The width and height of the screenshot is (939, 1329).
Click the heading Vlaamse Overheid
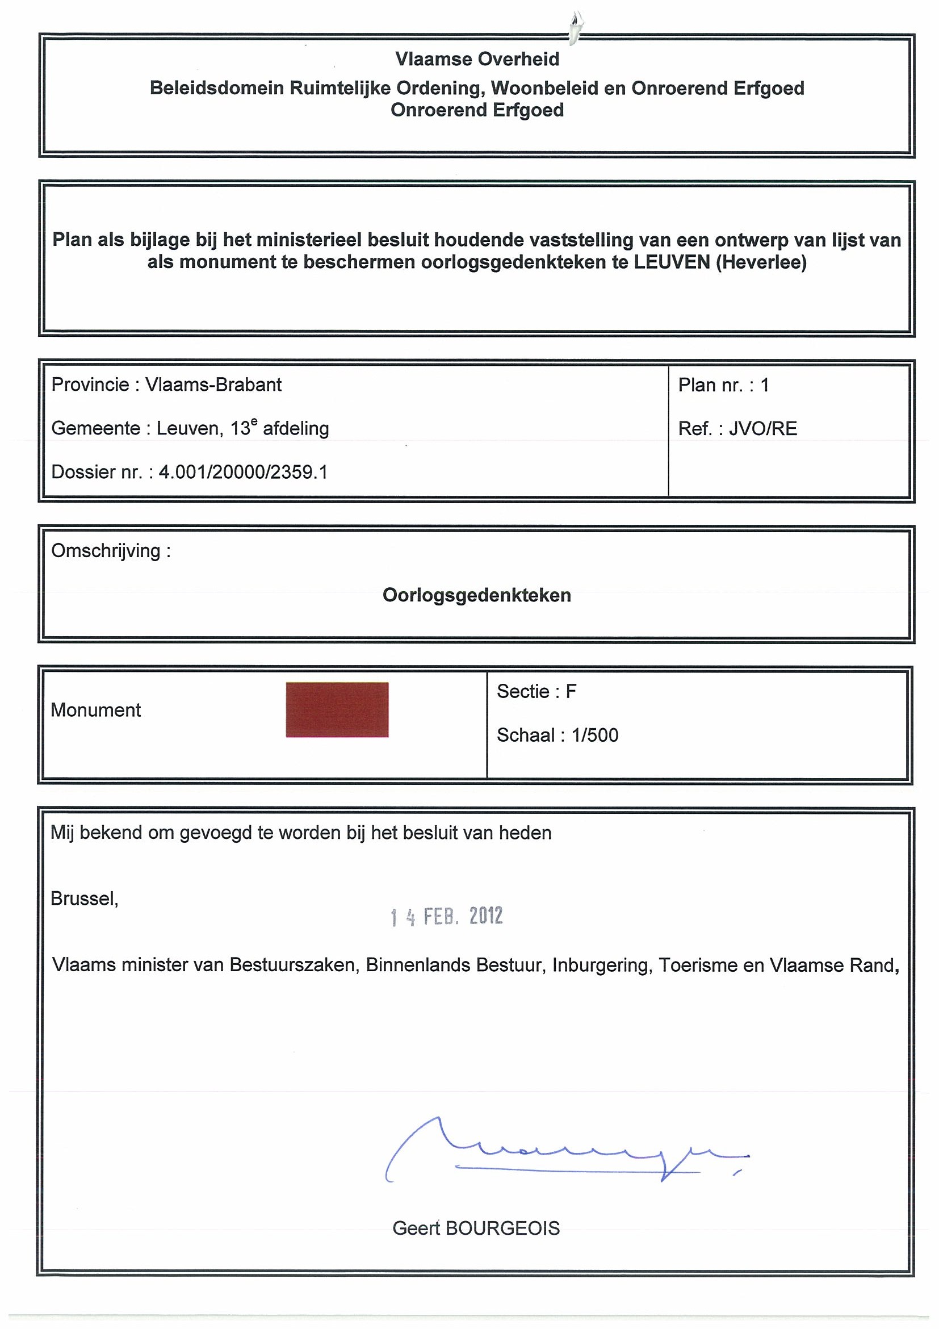(x=477, y=59)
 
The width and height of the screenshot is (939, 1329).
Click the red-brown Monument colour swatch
(x=337, y=709)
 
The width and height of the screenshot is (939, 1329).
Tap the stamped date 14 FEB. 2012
(x=446, y=916)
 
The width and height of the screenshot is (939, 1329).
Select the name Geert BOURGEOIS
(x=476, y=1228)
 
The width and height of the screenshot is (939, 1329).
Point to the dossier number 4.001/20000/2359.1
(x=243, y=473)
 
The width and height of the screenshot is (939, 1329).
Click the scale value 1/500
(x=595, y=735)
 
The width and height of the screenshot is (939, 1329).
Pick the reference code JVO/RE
(x=762, y=429)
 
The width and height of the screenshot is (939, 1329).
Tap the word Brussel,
(x=85, y=898)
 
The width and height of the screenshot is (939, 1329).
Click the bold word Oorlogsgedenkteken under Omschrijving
(x=477, y=595)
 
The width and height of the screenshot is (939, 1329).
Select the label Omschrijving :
(x=111, y=550)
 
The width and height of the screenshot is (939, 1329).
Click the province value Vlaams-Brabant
(x=213, y=385)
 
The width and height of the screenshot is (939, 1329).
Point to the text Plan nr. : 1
(x=723, y=385)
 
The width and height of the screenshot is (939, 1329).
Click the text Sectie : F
(x=536, y=691)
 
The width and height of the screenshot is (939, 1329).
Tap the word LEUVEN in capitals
(x=672, y=262)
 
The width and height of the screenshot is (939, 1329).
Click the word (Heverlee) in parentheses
(x=761, y=262)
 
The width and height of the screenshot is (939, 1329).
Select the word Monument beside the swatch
(x=96, y=711)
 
